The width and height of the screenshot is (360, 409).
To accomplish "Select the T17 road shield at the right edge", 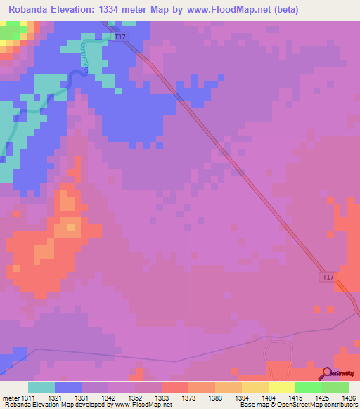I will point(328,277).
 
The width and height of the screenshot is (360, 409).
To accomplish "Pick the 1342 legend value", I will point(108,397).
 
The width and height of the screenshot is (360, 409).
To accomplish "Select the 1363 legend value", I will point(161,397).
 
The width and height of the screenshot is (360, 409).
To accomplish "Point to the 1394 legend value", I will point(241,397).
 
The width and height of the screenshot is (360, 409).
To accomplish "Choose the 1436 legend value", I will point(347,397).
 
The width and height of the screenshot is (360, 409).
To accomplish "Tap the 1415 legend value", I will point(295,397).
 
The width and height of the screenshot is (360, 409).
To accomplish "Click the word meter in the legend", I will point(11,397).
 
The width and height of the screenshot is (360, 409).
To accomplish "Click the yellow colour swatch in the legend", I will point(282,387).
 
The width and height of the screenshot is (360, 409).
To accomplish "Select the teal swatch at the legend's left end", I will point(41,387).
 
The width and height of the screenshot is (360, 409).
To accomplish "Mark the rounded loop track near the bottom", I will point(277,351).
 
